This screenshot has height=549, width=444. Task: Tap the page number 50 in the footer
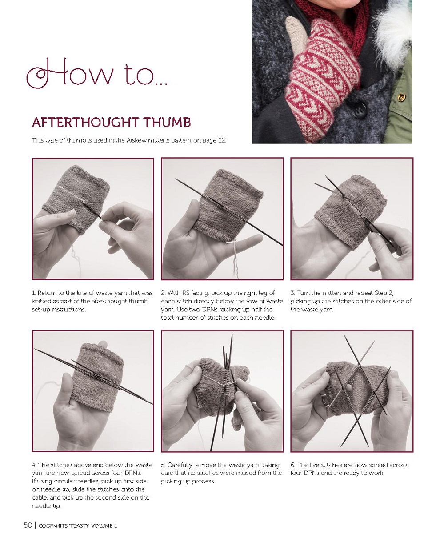(28, 525)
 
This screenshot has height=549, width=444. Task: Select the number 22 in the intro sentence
(221, 140)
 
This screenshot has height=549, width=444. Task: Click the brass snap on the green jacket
(401, 97)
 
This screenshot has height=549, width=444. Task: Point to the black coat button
(359, 110)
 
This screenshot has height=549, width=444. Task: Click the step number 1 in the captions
(33, 293)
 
